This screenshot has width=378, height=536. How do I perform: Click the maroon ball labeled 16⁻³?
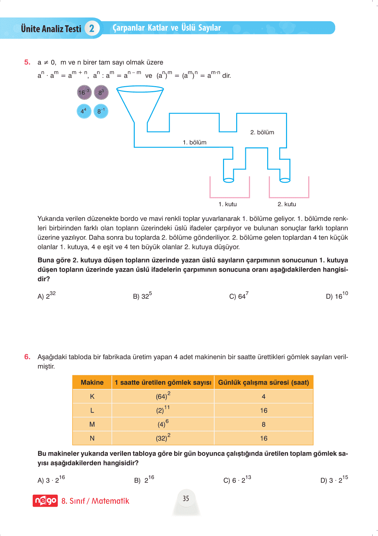point(84,93)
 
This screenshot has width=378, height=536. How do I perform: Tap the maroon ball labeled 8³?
point(101,93)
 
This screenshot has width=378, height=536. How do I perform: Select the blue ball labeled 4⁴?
point(84,111)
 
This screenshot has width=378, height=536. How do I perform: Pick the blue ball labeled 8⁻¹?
point(101,111)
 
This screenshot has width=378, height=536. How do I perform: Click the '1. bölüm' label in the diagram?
point(194,143)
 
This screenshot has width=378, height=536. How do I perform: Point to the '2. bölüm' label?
point(262,133)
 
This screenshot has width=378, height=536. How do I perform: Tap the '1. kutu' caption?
point(227,204)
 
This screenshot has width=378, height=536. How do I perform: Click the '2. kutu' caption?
point(287,204)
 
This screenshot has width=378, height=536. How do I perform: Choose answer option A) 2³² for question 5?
point(46,296)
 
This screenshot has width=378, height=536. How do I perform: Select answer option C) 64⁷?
point(239,296)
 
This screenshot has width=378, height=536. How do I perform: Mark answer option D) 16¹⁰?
point(337,296)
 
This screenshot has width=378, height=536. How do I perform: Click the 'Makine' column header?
point(92,383)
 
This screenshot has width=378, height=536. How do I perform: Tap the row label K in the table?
point(92,397)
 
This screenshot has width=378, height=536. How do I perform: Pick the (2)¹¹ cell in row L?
point(163,410)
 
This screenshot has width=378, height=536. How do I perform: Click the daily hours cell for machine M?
point(263,425)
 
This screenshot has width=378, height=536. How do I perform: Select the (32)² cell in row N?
point(163,438)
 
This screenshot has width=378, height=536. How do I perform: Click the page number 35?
point(186,499)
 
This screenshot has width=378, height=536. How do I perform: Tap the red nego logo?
point(45,501)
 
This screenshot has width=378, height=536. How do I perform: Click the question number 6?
point(27,357)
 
